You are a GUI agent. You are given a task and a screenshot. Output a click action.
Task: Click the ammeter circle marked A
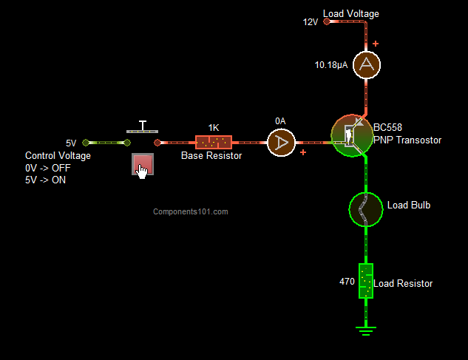[x=365, y=64]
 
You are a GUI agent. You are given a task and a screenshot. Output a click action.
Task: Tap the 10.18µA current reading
[x=332, y=64]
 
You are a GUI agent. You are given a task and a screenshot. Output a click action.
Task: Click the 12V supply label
[x=310, y=22]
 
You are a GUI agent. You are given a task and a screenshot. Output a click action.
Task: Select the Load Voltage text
[x=351, y=14]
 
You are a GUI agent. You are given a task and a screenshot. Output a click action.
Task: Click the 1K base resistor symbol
[x=214, y=142]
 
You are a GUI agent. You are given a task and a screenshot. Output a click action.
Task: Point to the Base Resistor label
[x=211, y=156]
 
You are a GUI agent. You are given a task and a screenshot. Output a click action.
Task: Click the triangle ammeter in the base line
[x=281, y=142]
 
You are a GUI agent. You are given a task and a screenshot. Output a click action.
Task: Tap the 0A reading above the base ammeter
[x=280, y=120]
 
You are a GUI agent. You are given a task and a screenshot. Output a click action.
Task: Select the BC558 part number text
[x=389, y=126]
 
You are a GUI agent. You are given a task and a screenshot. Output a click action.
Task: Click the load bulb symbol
[x=365, y=209]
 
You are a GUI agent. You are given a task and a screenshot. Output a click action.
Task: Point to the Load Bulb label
[x=409, y=205]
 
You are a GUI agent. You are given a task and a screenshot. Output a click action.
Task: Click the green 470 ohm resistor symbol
[x=365, y=281]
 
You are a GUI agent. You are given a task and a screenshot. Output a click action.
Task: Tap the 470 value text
[x=347, y=282]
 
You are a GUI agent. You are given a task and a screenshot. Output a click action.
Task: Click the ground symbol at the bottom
[x=365, y=330]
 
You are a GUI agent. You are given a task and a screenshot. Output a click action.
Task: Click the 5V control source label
[x=71, y=143]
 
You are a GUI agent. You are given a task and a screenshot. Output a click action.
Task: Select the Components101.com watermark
[x=191, y=211]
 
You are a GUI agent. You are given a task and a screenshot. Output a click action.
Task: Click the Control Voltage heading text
[x=58, y=156]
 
